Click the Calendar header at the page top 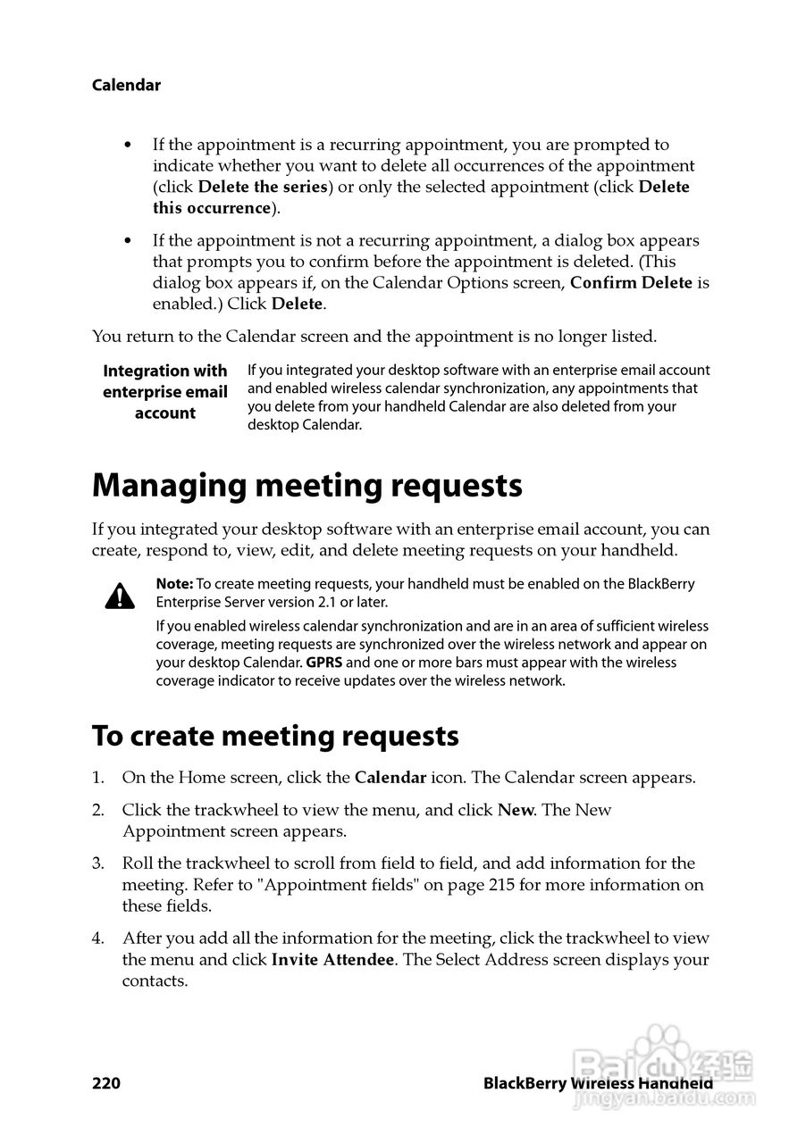(x=126, y=86)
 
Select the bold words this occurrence (x=211, y=208)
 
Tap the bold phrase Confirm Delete (x=631, y=283)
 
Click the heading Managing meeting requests (x=306, y=486)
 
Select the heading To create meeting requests (x=275, y=736)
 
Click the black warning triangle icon (x=120, y=596)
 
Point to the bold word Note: (x=174, y=584)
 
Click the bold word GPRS (x=324, y=663)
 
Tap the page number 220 (x=105, y=1083)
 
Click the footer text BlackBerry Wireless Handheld (x=597, y=1083)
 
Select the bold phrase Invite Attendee (x=332, y=960)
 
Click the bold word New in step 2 (x=516, y=810)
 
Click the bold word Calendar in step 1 (x=390, y=778)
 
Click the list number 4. (x=97, y=939)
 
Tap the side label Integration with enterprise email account (x=165, y=392)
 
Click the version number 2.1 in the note (x=340, y=602)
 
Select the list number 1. (x=97, y=778)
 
